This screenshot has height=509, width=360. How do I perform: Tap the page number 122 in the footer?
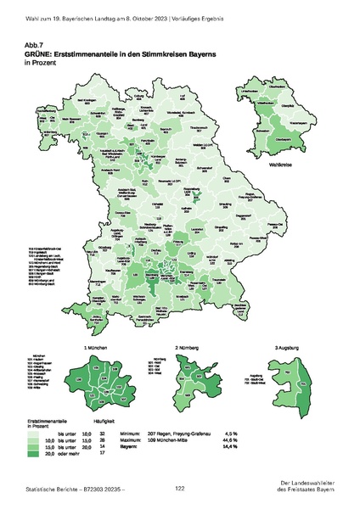180,489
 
